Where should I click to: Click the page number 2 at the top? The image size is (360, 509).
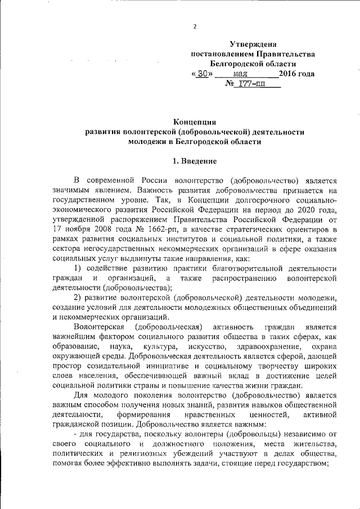pyautogui.click(x=195, y=26)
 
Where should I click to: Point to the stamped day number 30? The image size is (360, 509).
pyautogui.click(x=203, y=74)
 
